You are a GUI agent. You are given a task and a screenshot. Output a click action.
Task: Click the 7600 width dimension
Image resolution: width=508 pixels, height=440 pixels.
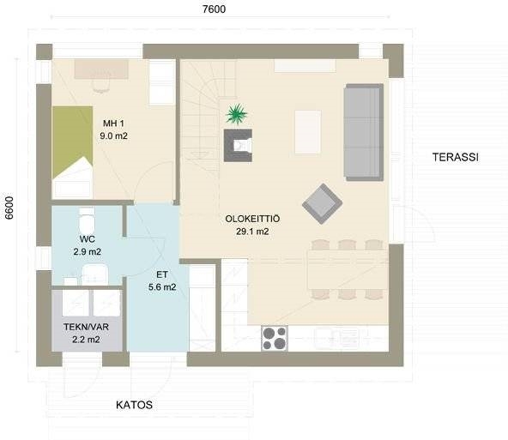coord(214,9)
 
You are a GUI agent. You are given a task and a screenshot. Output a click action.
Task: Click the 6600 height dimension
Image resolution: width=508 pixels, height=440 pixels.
coord(9,208)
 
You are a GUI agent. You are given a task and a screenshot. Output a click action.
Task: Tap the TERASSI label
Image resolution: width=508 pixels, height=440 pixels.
coord(456,157)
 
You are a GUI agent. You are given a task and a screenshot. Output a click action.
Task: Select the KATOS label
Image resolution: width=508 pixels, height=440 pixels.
coord(134,405)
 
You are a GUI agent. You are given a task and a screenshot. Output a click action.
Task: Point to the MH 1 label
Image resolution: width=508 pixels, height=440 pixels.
coord(113,124)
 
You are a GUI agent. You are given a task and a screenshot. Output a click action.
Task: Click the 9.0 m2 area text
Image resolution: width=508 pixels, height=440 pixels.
coord(113,136)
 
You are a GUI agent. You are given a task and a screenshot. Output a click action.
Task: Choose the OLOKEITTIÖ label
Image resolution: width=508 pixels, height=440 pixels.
coord(252,219)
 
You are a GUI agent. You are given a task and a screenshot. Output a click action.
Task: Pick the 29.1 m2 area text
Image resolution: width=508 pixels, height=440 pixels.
coord(252,232)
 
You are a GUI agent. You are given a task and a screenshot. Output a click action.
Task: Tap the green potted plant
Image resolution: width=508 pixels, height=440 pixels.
coord(237,114)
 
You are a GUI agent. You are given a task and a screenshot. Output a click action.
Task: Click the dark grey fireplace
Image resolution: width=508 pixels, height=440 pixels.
coord(238,145)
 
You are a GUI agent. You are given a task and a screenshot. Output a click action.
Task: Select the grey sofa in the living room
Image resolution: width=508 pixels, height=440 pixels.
coord(364,132)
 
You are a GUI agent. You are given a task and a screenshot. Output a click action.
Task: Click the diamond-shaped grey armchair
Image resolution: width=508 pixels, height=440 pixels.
coord(322,204)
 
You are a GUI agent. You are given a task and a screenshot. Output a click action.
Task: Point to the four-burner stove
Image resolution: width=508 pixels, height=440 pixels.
coord(275,338)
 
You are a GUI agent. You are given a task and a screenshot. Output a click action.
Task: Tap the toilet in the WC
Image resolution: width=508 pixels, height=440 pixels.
coord(87,220)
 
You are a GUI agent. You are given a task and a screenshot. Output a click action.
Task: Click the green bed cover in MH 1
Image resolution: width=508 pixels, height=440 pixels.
coord(73,142)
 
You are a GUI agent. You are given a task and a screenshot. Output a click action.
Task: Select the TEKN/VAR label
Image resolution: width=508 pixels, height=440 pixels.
coord(86,327)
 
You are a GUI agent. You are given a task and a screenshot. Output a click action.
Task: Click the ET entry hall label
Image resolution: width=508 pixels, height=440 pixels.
coord(162,274)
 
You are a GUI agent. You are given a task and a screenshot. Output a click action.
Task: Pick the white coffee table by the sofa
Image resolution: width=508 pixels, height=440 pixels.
coord(308,132)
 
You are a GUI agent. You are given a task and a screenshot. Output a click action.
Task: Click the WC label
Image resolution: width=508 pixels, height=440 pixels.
coord(88,239)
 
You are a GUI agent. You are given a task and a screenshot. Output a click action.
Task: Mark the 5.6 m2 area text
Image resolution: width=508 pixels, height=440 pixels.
coord(162,287)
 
